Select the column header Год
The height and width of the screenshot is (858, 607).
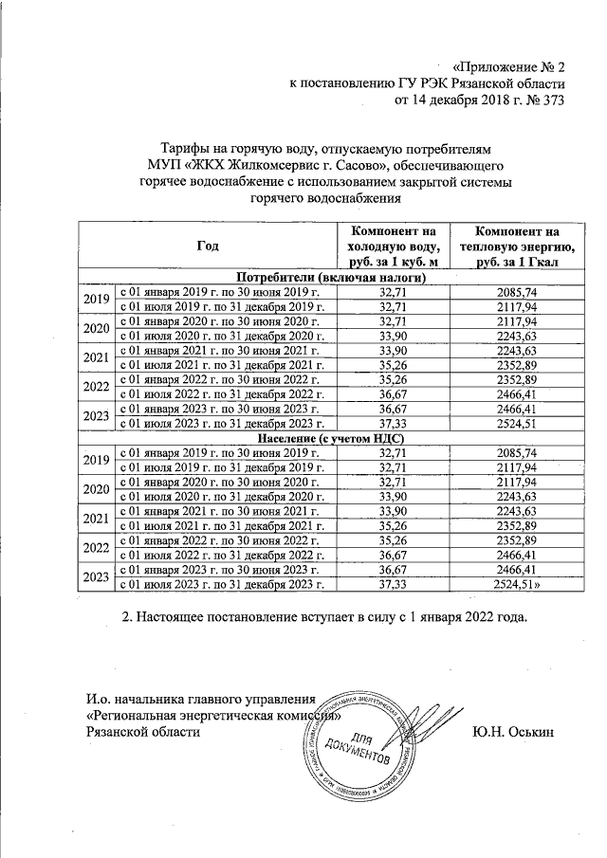[208, 246]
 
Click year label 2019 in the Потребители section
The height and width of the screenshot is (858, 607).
[96, 299]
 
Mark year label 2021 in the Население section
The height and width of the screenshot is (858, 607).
[96, 520]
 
